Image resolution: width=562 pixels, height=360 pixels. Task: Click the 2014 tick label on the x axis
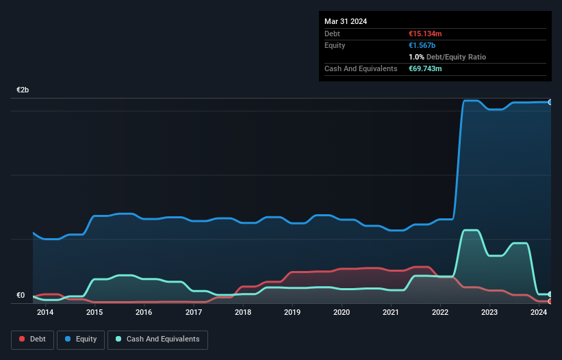[x=45, y=313]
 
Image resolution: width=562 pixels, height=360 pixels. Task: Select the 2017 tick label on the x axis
[x=194, y=313]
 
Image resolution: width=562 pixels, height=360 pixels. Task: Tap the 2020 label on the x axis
[x=342, y=313]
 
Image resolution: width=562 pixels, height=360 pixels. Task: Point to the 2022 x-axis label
[x=440, y=313]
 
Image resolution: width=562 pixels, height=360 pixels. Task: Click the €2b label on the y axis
[x=23, y=90]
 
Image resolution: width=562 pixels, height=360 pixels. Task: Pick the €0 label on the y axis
[x=21, y=296]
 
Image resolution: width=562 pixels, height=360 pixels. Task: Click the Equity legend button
[x=81, y=339]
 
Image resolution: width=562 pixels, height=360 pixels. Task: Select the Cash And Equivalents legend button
[x=157, y=339]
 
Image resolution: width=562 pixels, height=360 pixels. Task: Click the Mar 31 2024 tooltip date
[x=346, y=21]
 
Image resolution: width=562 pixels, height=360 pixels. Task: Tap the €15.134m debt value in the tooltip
[x=425, y=34]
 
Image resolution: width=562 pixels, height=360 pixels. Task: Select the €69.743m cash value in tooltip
[x=425, y=68]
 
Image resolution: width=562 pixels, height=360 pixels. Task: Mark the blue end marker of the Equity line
[x=550, y=102]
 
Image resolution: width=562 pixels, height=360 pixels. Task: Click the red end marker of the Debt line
[x=550, y=301]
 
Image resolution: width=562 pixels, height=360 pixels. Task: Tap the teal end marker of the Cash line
[x=550, y=294]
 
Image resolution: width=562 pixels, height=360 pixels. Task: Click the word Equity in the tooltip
[x=335, y=45]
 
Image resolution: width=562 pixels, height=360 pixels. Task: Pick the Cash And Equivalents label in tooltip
[x=361, y=68]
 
